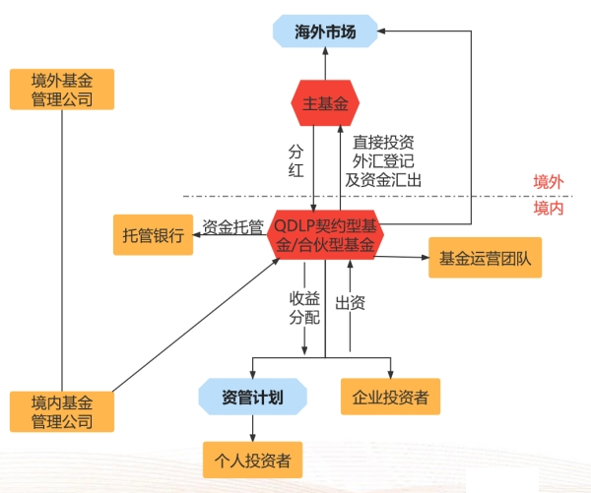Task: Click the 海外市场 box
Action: tap(324, 32)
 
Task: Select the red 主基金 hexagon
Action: tap(324, 103)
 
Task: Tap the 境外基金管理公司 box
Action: tap(61, 89)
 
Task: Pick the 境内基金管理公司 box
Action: tap(61, 411)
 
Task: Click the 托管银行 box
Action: tap(153, 236)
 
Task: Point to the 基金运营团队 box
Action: tap(485, 258)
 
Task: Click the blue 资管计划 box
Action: tap(252, 398)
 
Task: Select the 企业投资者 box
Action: tap(390, 398)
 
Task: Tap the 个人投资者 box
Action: tap(252, 459)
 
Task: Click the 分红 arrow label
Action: tap(296, 162)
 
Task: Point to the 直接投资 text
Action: tap(383, 141)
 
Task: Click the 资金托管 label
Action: tap(232, 227)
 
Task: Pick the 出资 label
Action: tap(352, 302)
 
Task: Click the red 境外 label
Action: tap(549, 182)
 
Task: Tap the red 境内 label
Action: tap(549, 209)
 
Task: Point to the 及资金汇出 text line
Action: tap(383, 180)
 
